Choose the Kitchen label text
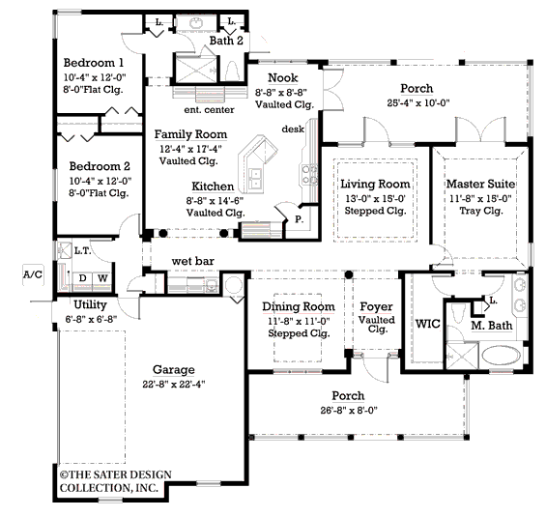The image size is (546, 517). pyautogui.click(x=212, y=186)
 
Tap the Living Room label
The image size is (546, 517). pyautogui.click(x=376, y=184)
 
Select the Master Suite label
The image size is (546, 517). pyautogui.click(x=479, y=184)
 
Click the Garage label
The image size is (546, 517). pyautogui.click(x=173, y=369)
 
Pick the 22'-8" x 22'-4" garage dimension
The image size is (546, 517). pyautogui.click(x=173, y=384)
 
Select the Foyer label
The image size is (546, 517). pyautogui.click(x=376, y=307)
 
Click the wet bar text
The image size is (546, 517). pyautogui.click(x=192, y=261)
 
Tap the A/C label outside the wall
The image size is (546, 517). pyautogui.click(x=32, y=275)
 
